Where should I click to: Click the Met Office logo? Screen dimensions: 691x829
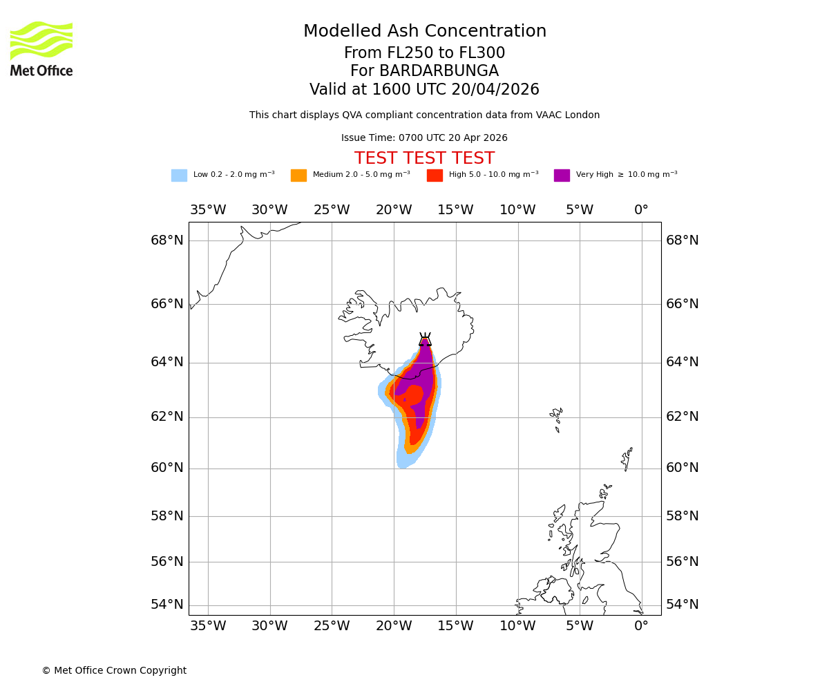41,48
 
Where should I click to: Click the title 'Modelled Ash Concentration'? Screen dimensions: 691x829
424,32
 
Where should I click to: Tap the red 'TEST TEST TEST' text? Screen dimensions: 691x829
424,158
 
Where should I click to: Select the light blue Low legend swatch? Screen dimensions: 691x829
179,176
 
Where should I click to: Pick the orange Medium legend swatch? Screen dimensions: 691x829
298,176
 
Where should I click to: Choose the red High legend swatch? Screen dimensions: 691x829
435,176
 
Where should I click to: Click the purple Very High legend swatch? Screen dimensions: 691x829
562,176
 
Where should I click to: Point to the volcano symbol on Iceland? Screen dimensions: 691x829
425,339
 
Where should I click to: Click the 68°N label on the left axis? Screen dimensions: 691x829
167,240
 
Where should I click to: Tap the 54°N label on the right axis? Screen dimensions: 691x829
682,605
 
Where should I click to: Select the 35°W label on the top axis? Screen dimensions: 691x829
208,210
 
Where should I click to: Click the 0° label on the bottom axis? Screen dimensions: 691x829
641,626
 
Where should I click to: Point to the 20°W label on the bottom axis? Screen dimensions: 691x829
394,626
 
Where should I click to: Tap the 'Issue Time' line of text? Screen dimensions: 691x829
424,138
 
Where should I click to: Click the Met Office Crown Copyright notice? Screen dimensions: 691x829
114,671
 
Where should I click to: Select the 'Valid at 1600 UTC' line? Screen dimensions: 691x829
424,90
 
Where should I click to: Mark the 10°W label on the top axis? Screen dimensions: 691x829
517,210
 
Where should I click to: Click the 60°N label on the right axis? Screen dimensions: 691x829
682,468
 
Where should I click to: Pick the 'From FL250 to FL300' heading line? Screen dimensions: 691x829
424,53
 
